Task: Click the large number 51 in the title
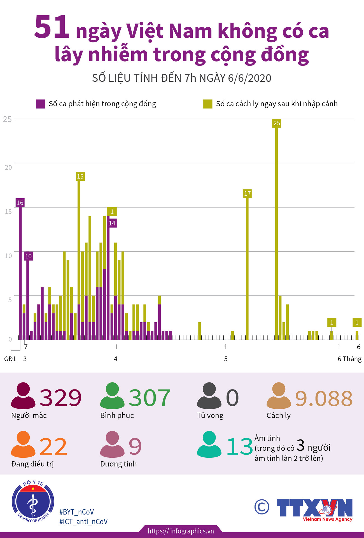coord(52,27)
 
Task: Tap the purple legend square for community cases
coord(40,104)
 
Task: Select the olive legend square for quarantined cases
coord(208,104)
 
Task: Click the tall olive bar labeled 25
coord(277,229)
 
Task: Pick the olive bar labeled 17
coord(247,266)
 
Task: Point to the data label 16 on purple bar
coord(20,203)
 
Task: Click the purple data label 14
coord(112,223)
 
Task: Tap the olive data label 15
coord(80,176)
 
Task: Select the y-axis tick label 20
coord(8,167)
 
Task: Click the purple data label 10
coord(28,256)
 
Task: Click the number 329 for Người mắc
coord(60,398)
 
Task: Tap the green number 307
coord(149,398)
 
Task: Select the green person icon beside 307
coord(112,396)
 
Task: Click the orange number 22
coord(53,447)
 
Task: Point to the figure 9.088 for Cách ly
coord(324,399)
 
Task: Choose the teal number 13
coord(239,447)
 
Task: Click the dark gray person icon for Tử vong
coord(209,396)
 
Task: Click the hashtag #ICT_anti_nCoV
coord(83,522)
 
